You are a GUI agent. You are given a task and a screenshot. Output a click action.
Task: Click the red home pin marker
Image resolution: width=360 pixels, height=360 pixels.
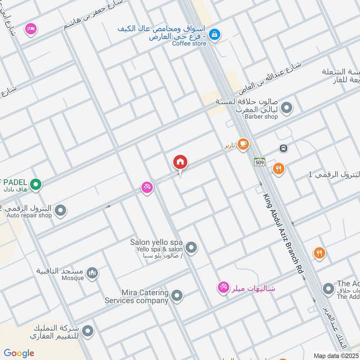click(180, 162)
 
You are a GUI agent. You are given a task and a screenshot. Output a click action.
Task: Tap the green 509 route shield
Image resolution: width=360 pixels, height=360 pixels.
click(259, 162)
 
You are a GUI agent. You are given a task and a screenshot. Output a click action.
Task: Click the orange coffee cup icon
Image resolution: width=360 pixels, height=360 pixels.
click(243, 144)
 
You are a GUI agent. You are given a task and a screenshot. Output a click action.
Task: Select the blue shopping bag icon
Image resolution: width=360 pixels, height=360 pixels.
click(215, 34)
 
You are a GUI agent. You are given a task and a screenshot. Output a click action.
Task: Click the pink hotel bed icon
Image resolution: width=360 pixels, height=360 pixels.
click(31, 28)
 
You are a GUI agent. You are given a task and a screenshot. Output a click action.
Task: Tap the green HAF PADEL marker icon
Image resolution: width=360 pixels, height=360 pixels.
click(36, 184)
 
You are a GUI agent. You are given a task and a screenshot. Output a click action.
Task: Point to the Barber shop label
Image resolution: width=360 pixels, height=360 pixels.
click(261, 117)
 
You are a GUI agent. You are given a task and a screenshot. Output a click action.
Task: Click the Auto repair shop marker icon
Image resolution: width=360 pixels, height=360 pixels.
click(60, 210)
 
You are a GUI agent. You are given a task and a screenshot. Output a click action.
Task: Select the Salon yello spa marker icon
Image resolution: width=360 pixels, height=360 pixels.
click(192, 247)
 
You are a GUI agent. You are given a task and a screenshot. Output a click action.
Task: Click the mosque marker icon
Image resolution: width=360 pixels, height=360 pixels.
click(92, 273)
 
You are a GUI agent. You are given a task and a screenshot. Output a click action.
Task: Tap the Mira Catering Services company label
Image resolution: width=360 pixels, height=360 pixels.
click(137, 297)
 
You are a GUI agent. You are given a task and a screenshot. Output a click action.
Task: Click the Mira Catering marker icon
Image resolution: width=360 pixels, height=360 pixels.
click(177, 296)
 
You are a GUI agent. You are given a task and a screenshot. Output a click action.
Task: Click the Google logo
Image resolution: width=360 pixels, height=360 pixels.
click(19, 353)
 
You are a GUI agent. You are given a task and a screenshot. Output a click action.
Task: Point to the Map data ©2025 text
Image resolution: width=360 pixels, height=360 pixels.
click(335, 355)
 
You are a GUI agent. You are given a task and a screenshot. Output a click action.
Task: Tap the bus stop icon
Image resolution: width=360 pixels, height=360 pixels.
click(283, 148)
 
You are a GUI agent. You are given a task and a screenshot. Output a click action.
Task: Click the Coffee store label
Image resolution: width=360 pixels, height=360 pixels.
click(189, 43)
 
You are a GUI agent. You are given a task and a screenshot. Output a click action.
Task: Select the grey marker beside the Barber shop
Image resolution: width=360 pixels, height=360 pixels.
click(286, 108)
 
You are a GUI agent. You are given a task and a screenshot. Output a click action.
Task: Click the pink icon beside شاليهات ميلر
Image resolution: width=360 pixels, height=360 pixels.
click(223, 287)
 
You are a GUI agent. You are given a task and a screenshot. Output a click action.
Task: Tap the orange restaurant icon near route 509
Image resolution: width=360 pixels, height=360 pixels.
click(279, 169)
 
